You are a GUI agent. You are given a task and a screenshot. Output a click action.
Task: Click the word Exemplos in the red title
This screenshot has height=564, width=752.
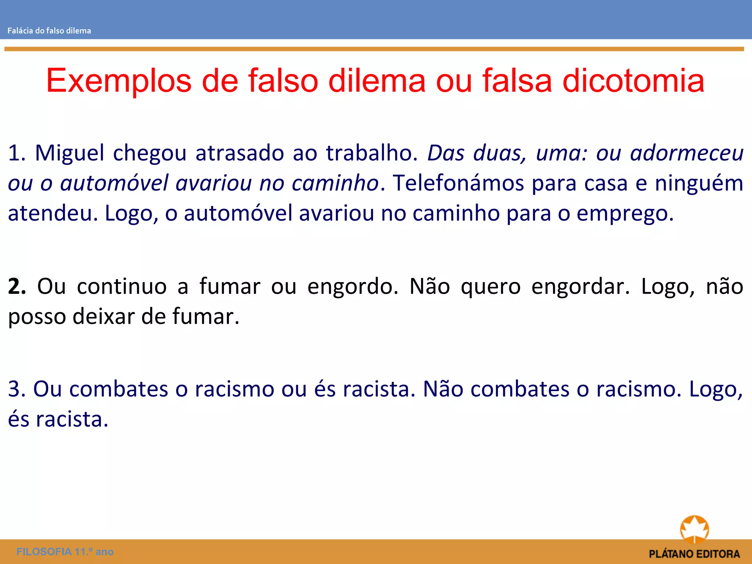119,81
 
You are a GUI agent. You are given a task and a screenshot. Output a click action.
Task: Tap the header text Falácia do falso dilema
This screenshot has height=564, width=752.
49,31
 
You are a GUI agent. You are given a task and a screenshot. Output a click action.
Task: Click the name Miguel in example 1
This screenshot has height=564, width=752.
70,153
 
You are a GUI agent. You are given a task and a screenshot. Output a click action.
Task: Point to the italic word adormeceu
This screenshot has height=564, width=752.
687,153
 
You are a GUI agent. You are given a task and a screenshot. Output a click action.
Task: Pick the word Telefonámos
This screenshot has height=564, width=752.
458,183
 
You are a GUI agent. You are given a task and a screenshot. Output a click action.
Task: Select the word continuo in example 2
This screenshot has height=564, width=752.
122,286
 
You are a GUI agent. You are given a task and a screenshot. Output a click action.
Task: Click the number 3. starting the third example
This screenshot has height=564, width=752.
17,389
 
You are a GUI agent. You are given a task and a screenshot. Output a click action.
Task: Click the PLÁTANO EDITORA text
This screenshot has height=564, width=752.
694,554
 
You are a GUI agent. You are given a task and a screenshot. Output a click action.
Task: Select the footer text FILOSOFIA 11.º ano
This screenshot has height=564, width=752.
65,552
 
